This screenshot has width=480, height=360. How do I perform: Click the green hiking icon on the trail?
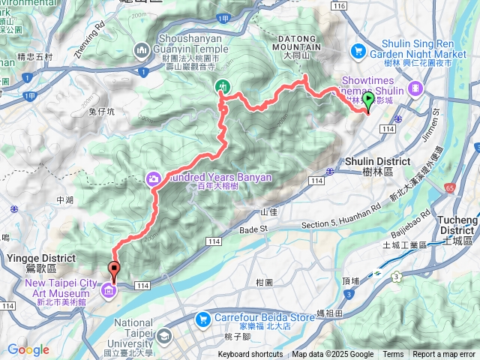(223, 87)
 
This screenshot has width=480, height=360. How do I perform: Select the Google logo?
(28, 349)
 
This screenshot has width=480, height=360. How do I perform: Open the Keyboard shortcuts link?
(251, 355)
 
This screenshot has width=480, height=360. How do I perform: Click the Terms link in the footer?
(393, 355)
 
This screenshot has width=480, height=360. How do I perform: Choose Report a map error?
(444, 355)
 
